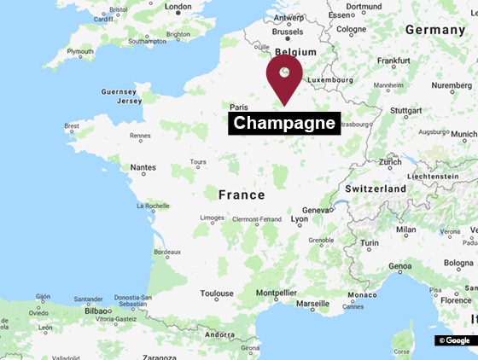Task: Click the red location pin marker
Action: (284, 75)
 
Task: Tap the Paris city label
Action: (237, 107)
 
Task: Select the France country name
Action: (242, 195)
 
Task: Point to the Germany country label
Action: (434, 29)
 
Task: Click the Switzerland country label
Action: (375, 188)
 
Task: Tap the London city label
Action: (178, 7)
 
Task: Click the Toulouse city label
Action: (217, 293)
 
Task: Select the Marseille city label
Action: (312, 303)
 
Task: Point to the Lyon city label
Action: (300, 219)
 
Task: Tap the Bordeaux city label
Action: (166, 252)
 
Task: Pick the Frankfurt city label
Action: (393, 61)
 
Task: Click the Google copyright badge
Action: (455, 340)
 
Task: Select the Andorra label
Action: (219, 334)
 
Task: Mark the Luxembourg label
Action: (330, 79)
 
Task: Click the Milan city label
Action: (405, 229)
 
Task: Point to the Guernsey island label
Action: (118, 91)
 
